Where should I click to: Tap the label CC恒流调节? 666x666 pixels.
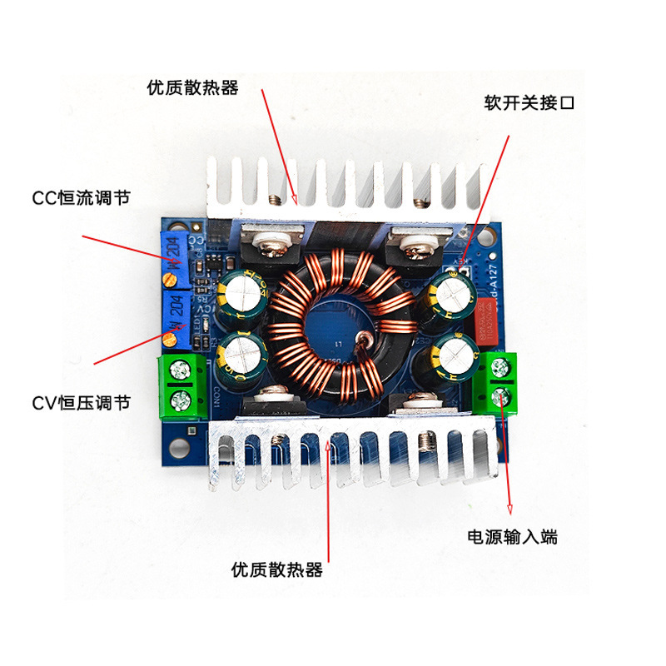[x=81, y=197]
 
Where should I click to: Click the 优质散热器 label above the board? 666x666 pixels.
[x=192, y=87]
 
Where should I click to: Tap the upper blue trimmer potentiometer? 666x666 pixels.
[x=176, y=255]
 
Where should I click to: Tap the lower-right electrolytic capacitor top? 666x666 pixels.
[x=452, y=354]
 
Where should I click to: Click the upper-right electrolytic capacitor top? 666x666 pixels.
[x=452, y=291]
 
